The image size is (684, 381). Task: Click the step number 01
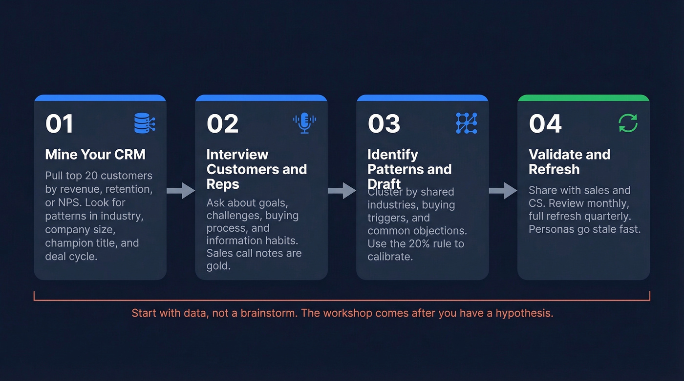click(59, 124)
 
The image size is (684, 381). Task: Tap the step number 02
click(222, 124)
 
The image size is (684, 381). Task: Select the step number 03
click(384, 124)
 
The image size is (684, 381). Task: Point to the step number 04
click(545, 124)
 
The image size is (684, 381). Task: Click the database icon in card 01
click(145, 123)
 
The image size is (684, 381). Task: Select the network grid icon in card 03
click(466, 123)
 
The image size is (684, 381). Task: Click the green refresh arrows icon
click(628, 123)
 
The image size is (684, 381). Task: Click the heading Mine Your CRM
click(95, 155)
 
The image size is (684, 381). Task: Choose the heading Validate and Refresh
click(569, 162)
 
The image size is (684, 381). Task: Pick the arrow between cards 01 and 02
click(181, 190)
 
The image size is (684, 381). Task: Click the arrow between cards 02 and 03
click(342, 190)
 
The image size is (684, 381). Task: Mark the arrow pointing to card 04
click(503, 190)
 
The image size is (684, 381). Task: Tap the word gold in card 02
click(218, 266)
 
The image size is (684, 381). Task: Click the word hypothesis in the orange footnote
click(524, 313)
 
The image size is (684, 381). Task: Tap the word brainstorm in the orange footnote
click(269, 313)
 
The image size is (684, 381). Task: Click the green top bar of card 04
click(583, 98)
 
